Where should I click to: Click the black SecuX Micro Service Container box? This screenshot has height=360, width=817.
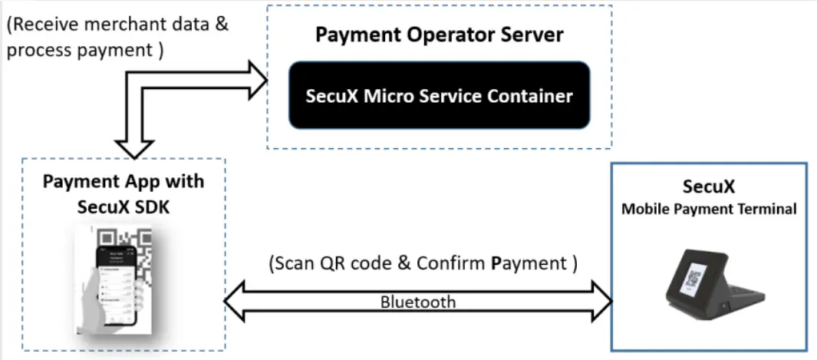tap(439, 96)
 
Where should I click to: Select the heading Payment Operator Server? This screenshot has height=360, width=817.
tap(440, 35)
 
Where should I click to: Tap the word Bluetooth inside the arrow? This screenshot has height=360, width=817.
tap(418, 302)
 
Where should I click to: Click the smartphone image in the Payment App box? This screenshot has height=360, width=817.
tap(123, 280)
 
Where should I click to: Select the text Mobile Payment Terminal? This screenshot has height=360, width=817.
tap(709, 209)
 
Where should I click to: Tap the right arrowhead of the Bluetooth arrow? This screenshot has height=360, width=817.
tap(601, 297)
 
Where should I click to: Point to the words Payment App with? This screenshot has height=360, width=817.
tap(123, 181)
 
